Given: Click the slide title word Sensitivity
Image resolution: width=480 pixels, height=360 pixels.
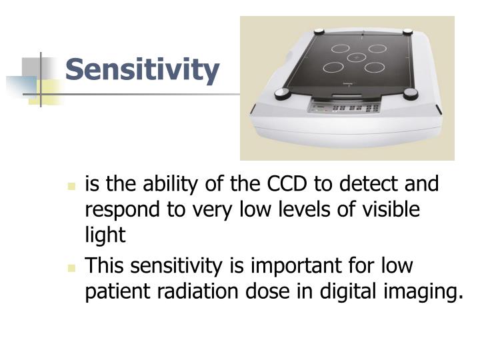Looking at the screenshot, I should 143,70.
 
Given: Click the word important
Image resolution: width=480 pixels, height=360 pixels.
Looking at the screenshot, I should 299,266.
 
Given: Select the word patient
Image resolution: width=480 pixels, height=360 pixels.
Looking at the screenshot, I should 115,292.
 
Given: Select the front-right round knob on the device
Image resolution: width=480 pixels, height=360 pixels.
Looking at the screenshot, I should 424,103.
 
